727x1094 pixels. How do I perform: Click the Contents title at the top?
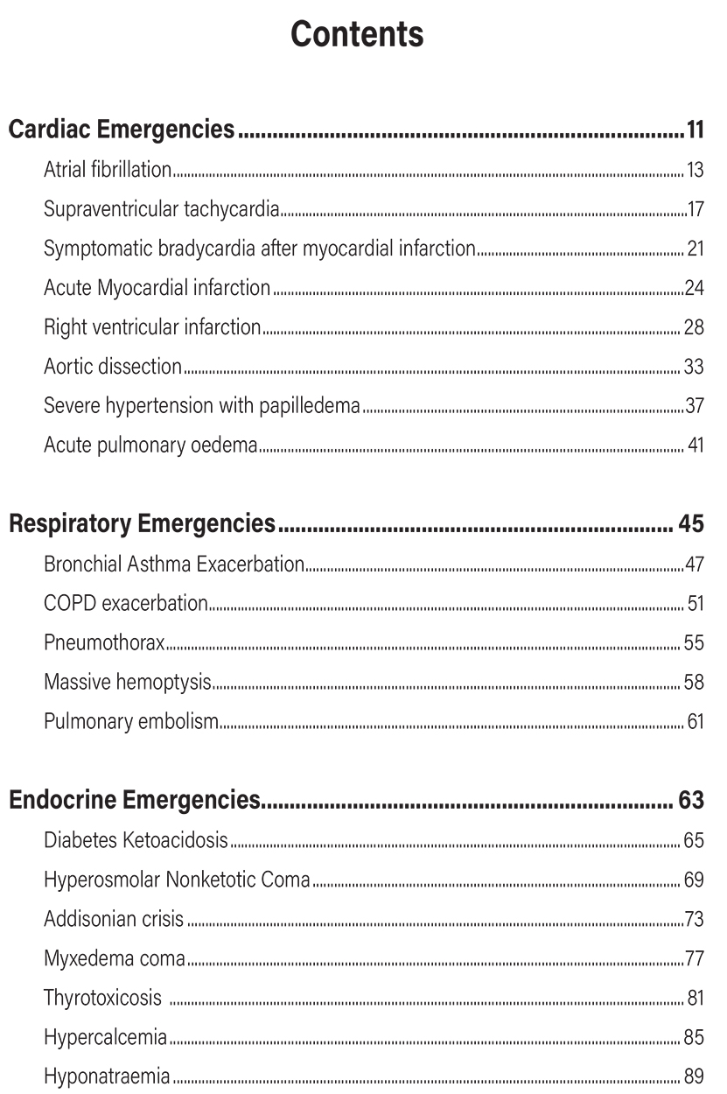click(357, 35)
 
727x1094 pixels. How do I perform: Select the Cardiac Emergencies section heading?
click(122, 131)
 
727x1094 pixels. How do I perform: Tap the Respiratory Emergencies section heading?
click(142, 525)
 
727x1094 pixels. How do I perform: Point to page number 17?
click(696, 210)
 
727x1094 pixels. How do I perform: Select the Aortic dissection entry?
click(113, 367)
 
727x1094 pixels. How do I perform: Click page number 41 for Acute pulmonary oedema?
click(696, 445)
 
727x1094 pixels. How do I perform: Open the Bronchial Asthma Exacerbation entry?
click(174, 565)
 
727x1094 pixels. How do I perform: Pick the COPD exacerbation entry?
click(126, 604)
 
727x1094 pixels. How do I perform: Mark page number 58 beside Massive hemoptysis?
click(694, 682)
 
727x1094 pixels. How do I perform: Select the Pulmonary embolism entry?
click(130, 721)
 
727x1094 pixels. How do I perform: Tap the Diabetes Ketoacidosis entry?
click(136, 841)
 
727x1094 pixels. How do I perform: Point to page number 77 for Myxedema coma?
click(695, 958)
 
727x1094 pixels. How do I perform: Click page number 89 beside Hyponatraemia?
click(694, 1076)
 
